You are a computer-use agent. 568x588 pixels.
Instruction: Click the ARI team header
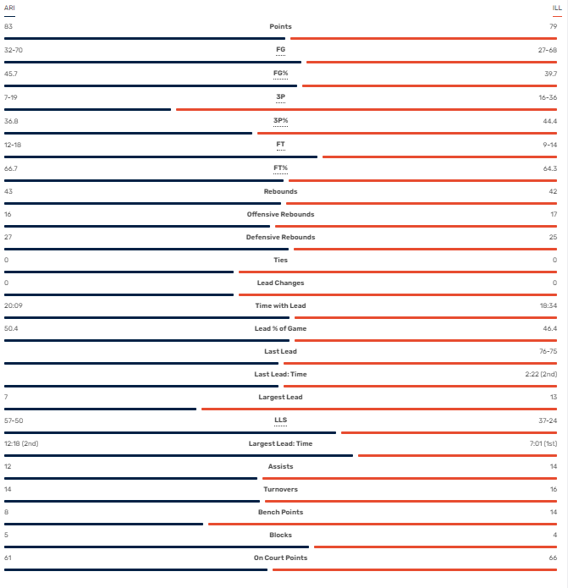9,8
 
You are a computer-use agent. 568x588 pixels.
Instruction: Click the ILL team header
557,8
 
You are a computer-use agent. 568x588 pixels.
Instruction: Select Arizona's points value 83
8,27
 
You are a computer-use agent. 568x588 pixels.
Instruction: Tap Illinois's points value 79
553,27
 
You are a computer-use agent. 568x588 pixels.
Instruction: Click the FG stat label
280,50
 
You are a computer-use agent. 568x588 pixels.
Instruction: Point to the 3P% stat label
280,121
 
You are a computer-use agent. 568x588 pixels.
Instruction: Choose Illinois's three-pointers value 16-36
548,97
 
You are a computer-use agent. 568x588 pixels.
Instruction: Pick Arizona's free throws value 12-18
13,144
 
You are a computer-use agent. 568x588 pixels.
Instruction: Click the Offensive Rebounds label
280,215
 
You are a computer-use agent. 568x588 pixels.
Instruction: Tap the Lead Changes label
280,283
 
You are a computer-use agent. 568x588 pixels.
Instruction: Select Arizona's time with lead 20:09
14,305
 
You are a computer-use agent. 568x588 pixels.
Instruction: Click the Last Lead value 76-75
548,352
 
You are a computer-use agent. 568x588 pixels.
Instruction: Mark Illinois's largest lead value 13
553,398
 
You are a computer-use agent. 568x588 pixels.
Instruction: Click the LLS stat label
280,420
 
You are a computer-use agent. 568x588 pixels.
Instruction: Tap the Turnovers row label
280,490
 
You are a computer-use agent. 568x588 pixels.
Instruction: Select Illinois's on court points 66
553,558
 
